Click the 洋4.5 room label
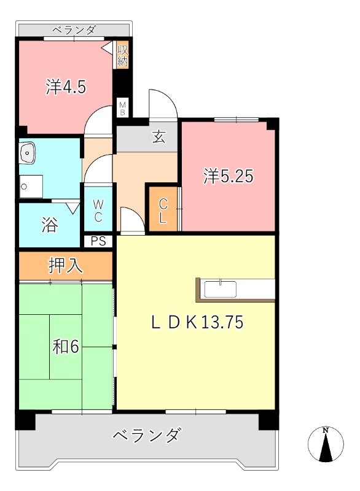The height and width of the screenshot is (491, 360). point(66,87)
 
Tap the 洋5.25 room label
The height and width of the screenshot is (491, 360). point(228,176)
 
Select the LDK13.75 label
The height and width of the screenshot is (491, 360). point(197,322)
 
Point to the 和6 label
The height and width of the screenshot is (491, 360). point(66,347)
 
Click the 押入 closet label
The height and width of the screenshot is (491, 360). point(66,266)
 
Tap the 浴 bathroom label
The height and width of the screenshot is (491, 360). point(50,225)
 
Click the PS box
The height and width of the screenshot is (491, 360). point(98,241)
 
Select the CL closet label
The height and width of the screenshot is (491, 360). point(163,211)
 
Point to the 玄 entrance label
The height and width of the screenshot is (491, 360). point(159,137)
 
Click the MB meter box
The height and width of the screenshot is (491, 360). point(122,108)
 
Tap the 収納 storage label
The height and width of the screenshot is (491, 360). point(122,55)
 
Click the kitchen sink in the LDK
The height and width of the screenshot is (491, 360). point(221,289)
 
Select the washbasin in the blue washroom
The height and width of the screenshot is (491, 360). point(28,153)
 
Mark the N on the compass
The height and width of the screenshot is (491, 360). point(326,430)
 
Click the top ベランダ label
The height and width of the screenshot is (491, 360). point(74,30)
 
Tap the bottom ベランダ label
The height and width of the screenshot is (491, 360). point(147,435)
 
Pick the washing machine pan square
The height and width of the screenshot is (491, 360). point(31,187)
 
